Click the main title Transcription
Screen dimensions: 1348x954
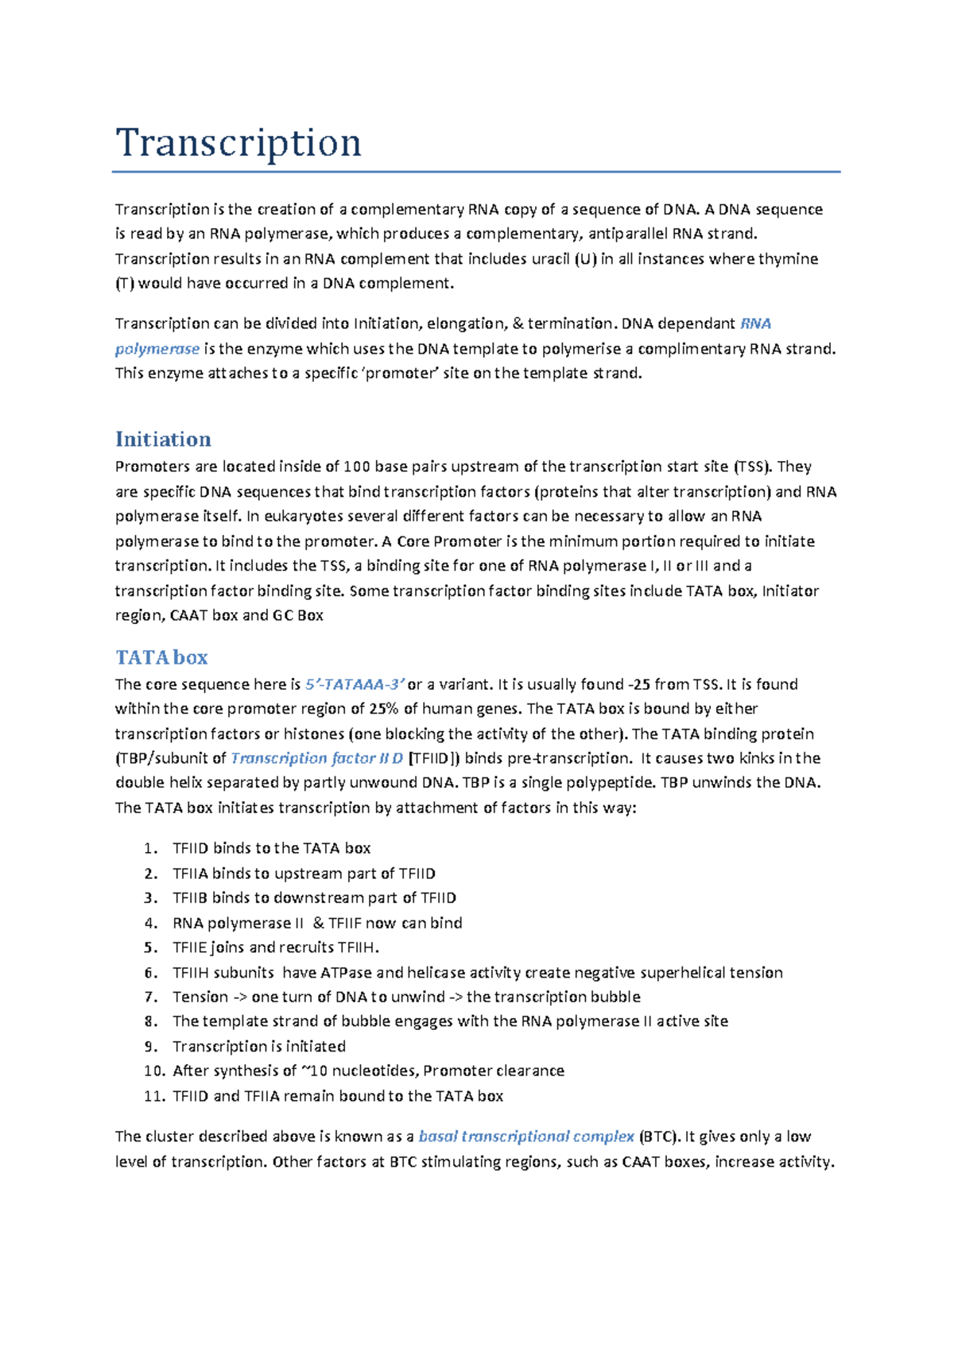[238, 144]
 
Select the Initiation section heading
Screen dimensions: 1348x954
[163, 440]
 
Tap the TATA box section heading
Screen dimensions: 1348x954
[161, 657]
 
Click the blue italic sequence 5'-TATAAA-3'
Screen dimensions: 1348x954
[355, 684]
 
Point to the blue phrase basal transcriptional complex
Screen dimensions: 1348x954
[525, 1137]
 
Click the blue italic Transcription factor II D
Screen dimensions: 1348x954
[316, 758]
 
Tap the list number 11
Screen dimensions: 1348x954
[153, 1096]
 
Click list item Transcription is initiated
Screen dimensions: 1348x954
[259, 1047]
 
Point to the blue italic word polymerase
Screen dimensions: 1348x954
[157, 349]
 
